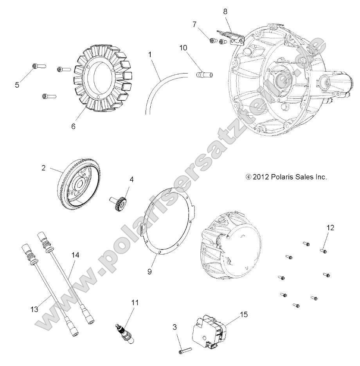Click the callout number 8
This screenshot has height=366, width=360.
[x=225, y=11]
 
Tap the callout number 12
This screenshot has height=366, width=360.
[x=330, y=228]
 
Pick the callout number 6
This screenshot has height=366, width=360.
[x=73, y=126]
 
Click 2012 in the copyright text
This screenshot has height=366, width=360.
[x=261, y=177]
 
